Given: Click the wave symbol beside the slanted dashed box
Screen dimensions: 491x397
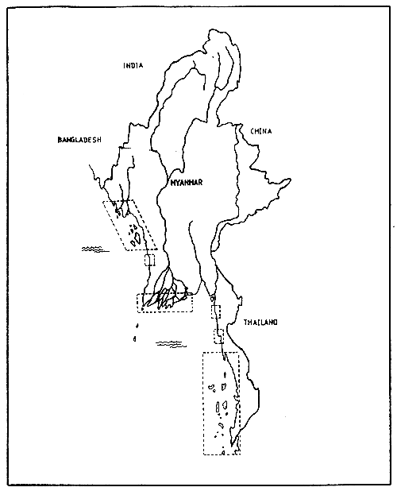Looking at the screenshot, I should (94, 249).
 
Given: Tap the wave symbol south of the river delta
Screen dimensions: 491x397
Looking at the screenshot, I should (170, 343).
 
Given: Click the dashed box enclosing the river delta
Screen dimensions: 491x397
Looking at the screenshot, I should (165, 302).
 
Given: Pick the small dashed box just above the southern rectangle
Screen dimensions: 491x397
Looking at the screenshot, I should (218, 336).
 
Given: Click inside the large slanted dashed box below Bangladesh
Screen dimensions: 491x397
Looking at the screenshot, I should (130, 225).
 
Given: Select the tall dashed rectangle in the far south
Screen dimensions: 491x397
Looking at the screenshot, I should (222, 403).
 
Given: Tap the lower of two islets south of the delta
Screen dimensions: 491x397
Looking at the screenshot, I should (136, 339).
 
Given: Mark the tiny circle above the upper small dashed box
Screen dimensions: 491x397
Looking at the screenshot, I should (212, 299).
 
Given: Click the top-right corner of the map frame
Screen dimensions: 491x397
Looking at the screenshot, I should (387, 8).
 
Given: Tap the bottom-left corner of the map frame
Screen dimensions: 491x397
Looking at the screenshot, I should (10, 483).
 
